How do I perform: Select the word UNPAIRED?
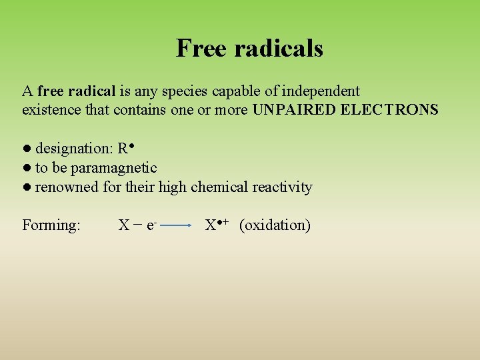click(294, 109)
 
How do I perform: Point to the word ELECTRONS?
click(389, 109)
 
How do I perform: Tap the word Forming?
click(51, 225)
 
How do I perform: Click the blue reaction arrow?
click(177, 226)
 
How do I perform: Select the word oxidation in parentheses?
click(275, 225)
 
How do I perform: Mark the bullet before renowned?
click(26, 187)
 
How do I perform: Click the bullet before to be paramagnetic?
click(26, 167)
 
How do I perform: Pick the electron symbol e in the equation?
click(151, 226)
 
